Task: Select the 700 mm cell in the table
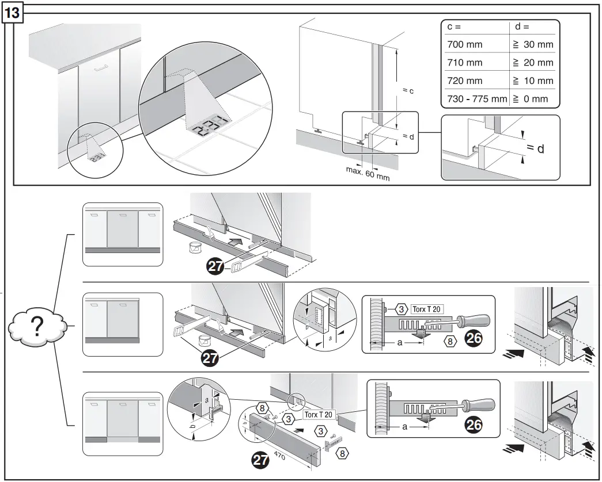tap(465, 44)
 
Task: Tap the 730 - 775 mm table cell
tap(476, 99)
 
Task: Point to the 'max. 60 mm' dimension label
tap(368, 173)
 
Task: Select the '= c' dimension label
tap(408, 91)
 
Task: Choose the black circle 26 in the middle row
tap(473, 339)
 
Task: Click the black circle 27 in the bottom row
tap(262, 460)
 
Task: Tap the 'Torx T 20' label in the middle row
tap(427, 309)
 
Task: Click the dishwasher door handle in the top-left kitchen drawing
tap(100, 67)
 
